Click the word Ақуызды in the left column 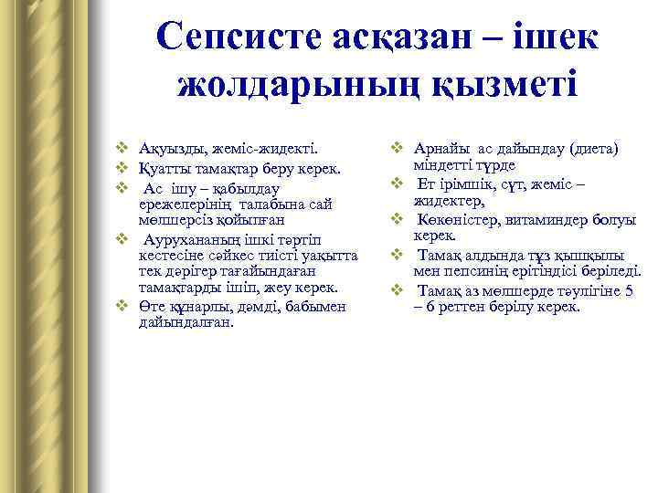pyautogui.click(x=168, y=147)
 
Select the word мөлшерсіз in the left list pyautogui.click(x=169, y=220)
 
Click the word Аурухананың pyautogui.click(x=187, y=238)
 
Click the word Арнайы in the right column pyautogui.click(x=444, y=147)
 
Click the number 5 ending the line pyautogui.click(x=629, y=290)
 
